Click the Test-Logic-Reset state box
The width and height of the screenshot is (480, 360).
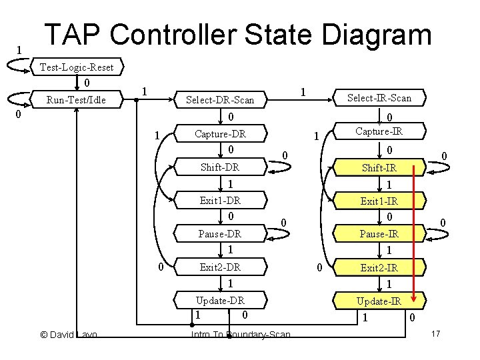(77, 67)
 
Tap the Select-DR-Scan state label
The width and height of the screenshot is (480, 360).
(220, 100)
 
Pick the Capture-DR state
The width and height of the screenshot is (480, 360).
(220, 134)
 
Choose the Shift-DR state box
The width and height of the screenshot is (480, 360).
(220, 167)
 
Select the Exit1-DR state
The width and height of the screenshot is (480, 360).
(220, 200)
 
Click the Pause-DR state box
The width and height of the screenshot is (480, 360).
(220, 234)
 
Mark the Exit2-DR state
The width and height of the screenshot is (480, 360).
(220, 267)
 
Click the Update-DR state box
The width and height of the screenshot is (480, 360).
(220, 300)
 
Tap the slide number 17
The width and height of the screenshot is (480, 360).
(437, 333)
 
